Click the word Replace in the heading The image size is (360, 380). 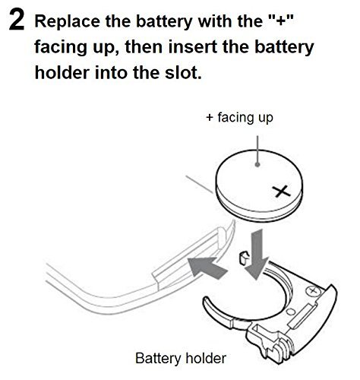(67, 21)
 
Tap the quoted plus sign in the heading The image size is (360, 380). (281, 21)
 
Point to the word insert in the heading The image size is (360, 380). (195, 47)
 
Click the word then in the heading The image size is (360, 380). (144, 47)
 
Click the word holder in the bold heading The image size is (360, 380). (62, 72)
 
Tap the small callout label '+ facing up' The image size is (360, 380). (240, 118)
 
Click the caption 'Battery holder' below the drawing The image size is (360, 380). (181, 359)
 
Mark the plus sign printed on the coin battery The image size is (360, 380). (283, 192)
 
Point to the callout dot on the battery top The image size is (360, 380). (257, 165)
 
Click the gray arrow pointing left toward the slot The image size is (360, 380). (207, 268)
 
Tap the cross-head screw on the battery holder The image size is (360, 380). (314, 291)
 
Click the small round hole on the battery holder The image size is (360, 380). (291, 311)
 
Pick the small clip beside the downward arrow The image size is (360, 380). (243, 258)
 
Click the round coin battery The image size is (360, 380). (259, 185)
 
